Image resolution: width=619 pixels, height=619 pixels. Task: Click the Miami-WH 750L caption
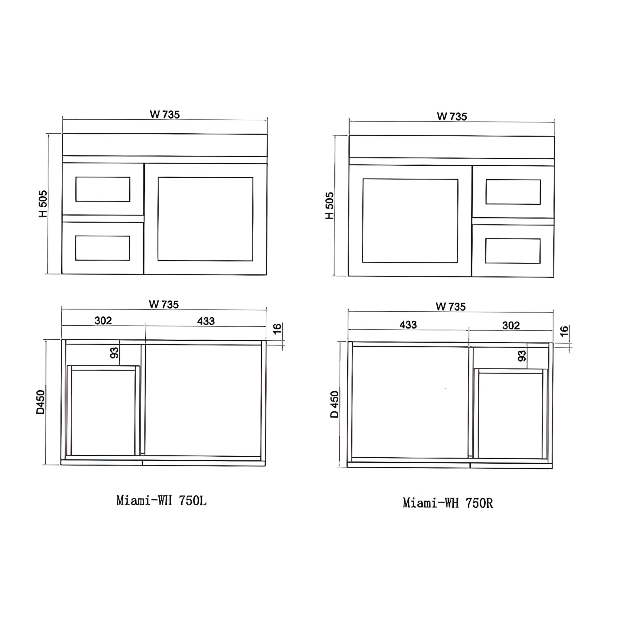coord(161,501)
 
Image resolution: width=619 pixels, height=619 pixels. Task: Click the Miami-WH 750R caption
coord(448,503)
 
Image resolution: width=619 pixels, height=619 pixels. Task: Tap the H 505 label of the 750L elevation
coord(43,204)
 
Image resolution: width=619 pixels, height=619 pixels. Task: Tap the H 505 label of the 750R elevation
coord(329,206)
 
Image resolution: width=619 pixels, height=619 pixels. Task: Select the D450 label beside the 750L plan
coord(41,402)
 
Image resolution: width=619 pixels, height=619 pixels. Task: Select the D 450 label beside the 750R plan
coord(334,404)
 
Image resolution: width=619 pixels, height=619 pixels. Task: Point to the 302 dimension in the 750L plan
coord(103,320)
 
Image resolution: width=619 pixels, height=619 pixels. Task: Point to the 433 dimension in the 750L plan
coord(206,321)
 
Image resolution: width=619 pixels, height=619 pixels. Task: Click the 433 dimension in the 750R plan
coord(408,325)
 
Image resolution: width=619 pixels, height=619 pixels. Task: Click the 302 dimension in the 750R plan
coord(511,326)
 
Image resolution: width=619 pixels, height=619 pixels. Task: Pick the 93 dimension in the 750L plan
coord(114,353)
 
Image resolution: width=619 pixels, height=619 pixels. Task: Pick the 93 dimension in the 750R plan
coord(522,356)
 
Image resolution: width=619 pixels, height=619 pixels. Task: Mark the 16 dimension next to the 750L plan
coord(277,329)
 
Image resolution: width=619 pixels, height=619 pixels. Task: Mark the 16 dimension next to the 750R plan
coord(564,331)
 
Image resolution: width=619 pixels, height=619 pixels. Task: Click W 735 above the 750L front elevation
coord(165,114)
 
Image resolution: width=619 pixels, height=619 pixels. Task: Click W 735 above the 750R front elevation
coord(452,116)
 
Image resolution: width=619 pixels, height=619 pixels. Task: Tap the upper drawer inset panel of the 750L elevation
coord(103,189)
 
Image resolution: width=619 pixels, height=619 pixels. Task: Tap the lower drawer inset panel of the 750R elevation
coord(513,251)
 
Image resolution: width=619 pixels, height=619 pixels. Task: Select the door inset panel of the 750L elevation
coord(205,219)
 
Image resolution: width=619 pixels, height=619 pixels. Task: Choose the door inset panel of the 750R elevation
coord(410,221)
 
